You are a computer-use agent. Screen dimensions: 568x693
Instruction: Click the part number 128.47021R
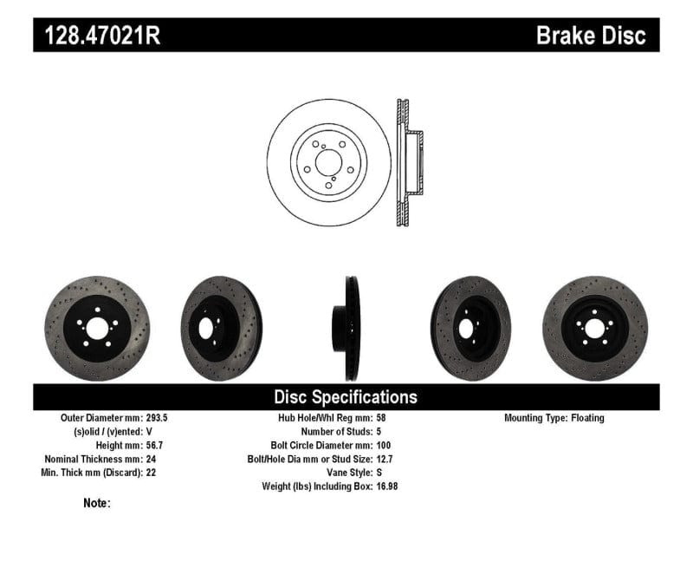point(97,36)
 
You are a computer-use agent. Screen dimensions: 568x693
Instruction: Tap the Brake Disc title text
point(591,36)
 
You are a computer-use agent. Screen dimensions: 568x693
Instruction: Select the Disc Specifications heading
point(346,397)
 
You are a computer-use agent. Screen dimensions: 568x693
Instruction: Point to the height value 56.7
point(150,446)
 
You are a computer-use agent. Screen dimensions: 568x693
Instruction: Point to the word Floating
point(587,418)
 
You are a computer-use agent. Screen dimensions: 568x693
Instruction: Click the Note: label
point(97,503)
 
